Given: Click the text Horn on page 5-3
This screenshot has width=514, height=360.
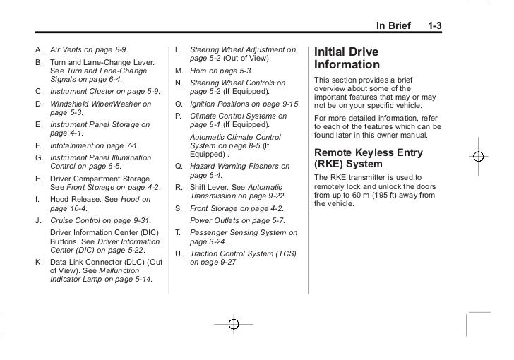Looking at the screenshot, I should [222, 71].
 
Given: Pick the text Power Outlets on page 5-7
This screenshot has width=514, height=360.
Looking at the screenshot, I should [229, 220].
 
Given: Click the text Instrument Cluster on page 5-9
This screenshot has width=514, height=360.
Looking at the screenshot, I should [99, 91].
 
